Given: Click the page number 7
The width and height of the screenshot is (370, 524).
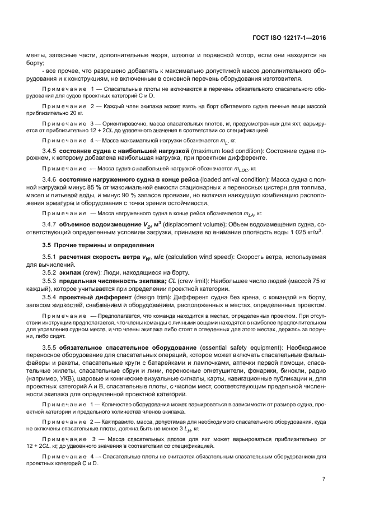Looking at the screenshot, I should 324,479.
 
